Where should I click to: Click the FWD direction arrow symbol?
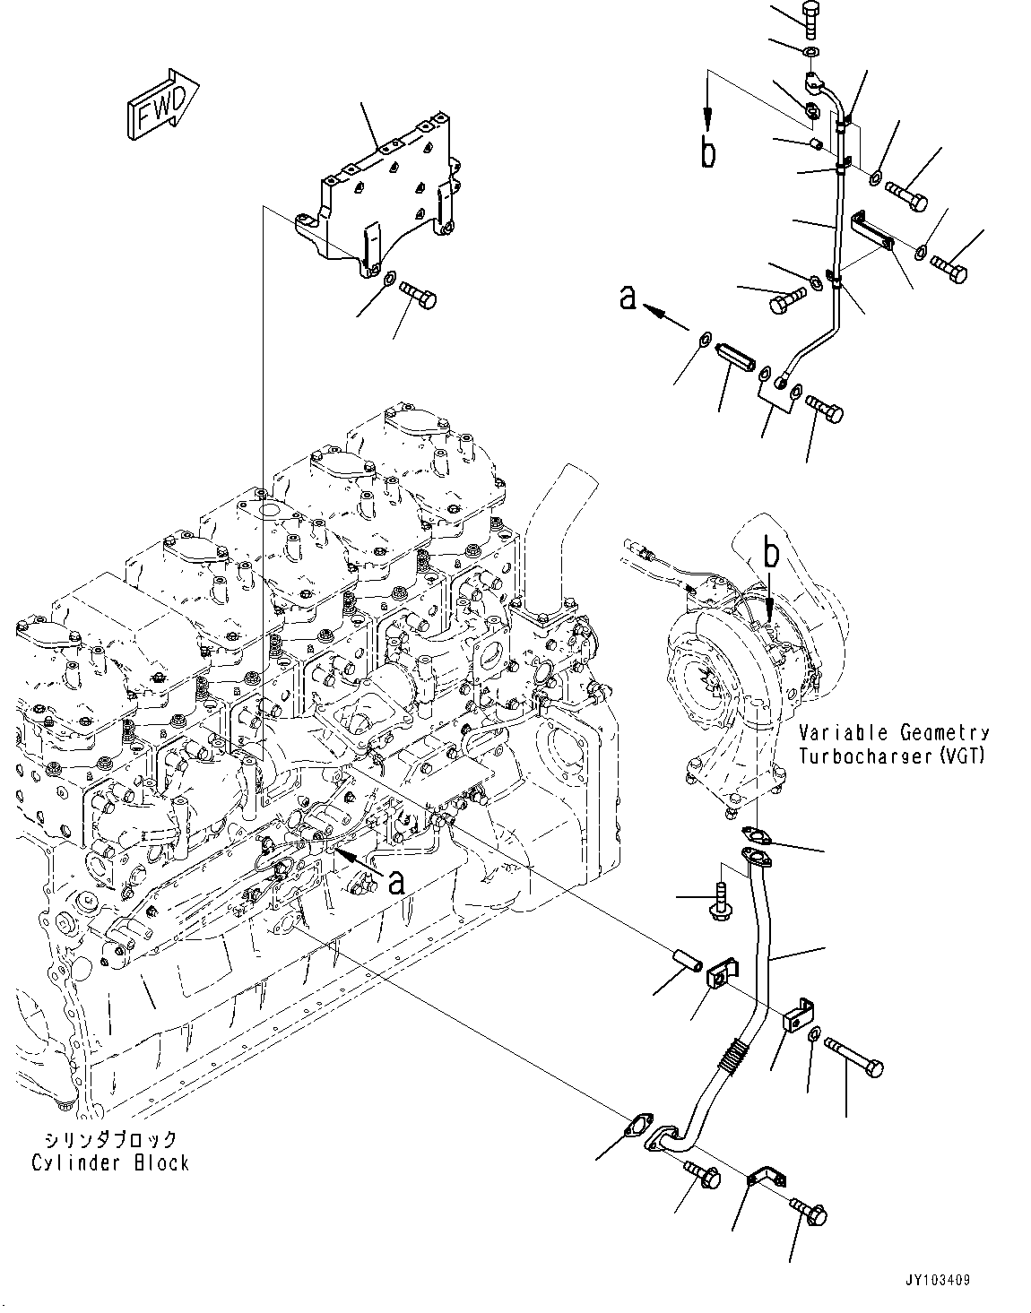coord(161,106)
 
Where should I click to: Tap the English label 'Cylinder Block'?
coord(110,1162)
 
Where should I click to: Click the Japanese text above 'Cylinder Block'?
coord(110,1140)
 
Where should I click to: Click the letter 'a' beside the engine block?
coord(394,882)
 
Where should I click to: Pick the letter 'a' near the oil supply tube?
coord(628,297)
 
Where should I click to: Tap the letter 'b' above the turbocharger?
coord(770,555)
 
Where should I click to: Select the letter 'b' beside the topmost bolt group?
coord(708,152)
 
